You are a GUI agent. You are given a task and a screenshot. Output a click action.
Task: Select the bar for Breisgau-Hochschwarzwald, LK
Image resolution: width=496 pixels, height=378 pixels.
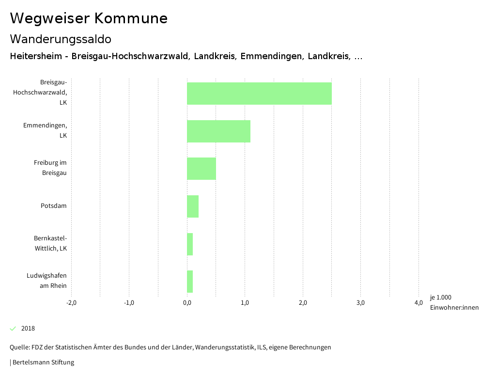(x=259, y=94)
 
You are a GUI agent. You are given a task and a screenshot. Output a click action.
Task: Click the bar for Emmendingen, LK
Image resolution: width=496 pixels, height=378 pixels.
(x=218, y=131)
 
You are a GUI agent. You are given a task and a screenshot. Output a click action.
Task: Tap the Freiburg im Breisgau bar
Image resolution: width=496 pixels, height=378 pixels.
(x=201, y=169)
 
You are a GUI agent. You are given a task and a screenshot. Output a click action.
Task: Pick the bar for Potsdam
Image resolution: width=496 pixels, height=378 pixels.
(x=193, y=206)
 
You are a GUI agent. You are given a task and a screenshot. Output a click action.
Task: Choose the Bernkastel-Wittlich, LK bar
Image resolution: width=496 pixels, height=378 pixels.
(x=190, y=244)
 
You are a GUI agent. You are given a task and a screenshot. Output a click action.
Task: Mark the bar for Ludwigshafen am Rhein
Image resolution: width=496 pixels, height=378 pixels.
(x=190, y=282)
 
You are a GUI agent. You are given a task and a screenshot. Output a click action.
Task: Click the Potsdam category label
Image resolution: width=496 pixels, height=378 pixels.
(x=53, y=206)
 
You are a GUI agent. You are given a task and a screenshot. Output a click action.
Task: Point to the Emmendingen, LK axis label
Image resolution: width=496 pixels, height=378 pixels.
(x=45, y=130)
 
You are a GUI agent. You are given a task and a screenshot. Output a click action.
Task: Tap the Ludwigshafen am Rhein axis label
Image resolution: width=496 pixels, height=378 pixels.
(x=46, y=281)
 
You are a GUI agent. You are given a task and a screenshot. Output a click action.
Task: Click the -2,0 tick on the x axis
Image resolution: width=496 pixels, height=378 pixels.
(x=71, y=303)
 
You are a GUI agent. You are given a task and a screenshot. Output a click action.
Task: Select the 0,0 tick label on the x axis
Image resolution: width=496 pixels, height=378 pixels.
(x=187, y=303)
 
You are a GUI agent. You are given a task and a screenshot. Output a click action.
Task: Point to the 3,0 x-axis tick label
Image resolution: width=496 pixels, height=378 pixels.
(x=360, y=303)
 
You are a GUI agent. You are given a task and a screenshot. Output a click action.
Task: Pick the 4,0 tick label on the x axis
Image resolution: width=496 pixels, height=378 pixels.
(x=418, y=303)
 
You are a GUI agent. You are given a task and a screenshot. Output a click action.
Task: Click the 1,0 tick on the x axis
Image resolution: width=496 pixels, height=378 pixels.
(x=245, y=303)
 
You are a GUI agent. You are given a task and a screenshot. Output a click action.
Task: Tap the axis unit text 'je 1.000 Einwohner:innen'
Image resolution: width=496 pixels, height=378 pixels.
(x=454, y=302)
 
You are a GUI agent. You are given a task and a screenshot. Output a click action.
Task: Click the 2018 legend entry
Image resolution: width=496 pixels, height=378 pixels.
(x=28, y=329)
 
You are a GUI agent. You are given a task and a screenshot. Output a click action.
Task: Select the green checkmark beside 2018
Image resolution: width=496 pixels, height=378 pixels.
(x=13, y=329)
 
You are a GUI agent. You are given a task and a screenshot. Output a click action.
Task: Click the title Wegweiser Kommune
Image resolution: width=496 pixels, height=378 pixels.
(x=89, y=18)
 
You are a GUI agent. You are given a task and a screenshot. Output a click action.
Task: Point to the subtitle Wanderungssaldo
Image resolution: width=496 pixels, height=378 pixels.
(x=61, y=39)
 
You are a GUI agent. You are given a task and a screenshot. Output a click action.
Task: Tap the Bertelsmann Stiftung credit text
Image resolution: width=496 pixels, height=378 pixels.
(x=43, y=362)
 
